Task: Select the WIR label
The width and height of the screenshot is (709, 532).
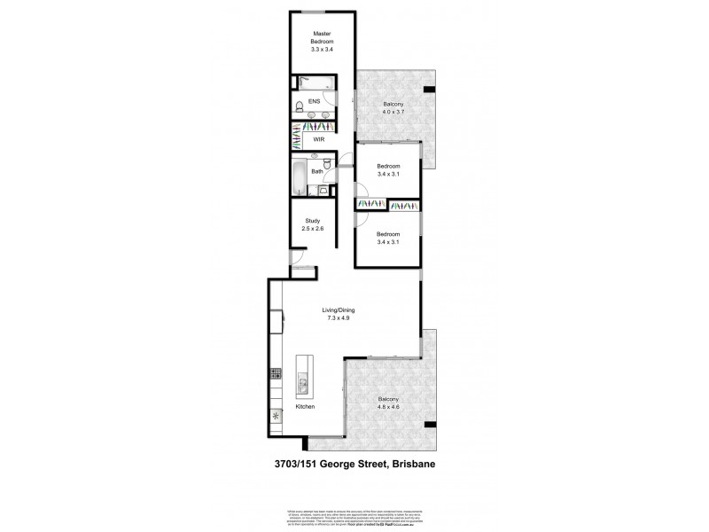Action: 319,139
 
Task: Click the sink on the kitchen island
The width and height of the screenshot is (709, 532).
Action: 301,385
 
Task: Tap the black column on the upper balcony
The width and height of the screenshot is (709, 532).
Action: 429,90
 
